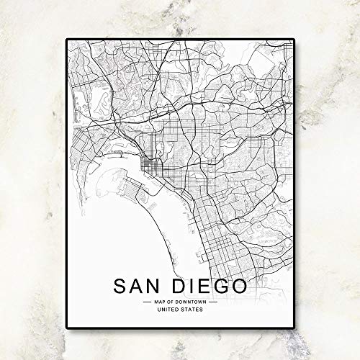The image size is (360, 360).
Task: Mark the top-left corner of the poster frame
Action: (67, 39)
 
